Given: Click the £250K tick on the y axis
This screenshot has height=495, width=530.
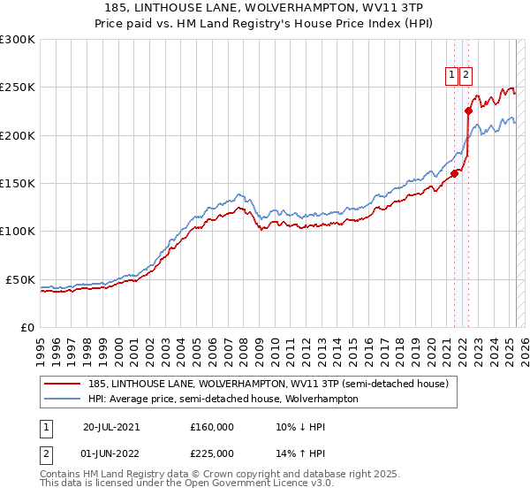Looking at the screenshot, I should click(18, 88).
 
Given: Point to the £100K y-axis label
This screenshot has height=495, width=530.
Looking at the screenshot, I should click(18, 232).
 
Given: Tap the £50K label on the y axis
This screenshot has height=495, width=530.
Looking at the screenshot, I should click(21, 279).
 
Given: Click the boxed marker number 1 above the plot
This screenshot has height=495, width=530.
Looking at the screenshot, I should click(452, 76).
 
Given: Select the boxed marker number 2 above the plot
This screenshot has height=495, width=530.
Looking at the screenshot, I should click(466, 76).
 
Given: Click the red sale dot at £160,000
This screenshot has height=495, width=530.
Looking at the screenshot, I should click(455, 173).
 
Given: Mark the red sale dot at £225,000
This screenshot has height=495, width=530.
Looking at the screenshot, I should click(469, 110).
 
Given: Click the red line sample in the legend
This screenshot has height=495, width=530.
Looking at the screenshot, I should click(63, 384).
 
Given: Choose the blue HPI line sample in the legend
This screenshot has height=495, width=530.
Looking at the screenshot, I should click(63, 399).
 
